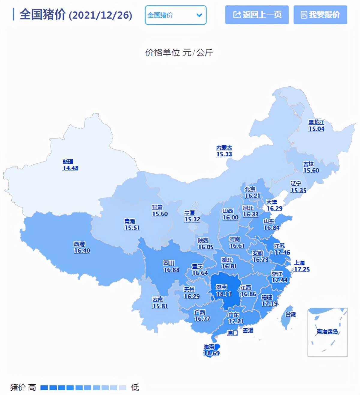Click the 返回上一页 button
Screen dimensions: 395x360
coord(257,15)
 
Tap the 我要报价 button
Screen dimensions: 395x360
coord(320,15)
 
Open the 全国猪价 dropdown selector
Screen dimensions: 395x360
coord(175,15)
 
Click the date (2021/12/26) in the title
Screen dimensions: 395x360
coord(100,15)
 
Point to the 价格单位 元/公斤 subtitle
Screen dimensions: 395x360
coord(179,52)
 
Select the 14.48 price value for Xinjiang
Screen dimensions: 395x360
coord(70,168)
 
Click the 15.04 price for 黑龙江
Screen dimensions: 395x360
coord(316,129)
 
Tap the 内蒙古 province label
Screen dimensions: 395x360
coord(224,148)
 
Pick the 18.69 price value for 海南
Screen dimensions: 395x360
coord(211,353)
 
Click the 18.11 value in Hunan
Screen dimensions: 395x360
coord(224,294)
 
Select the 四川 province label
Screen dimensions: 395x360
coord(169,263)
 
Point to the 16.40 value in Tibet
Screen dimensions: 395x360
coord(82,251)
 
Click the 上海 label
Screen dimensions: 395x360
coord(299,263)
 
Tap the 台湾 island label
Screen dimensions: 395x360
coord(290,314)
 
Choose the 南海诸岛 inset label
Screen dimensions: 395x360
coord(327,331)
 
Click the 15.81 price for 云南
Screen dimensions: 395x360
coord(160,306)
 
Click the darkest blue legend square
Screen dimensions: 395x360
coord(44,388)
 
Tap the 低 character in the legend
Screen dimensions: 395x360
coord(135,387)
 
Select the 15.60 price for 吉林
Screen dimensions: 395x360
coord(311,171)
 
